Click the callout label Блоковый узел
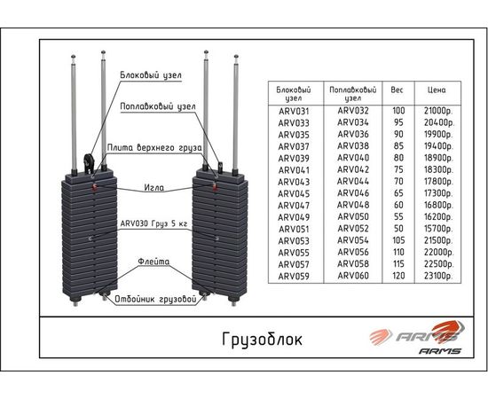tap(151, 75)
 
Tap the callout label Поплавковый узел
tap(158, 106)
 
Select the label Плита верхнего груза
tap(154, 147)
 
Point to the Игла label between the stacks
tap(154, 187)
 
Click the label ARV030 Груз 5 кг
tap(154, 223)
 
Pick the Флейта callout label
tap(153, 262)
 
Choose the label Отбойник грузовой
tap(155, 299)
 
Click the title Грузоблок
tap(262, 340)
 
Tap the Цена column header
tap(437, 90)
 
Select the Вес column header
tap(397, 90)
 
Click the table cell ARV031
tap(294, 111)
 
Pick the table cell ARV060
tap(353, 276)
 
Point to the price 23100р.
tap(438, 276)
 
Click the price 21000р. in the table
tap(438, 111)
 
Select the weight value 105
tap(398, 240)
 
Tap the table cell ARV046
tap(353, 193)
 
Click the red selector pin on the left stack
tap(95, 187)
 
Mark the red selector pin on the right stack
tap(214, 186)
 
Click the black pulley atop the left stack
tap(89, 162)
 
